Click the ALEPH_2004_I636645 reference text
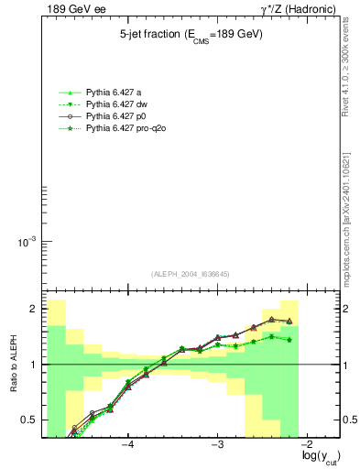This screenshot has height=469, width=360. coord(191,274)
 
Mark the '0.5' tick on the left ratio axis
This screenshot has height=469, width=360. coord(27,420)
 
